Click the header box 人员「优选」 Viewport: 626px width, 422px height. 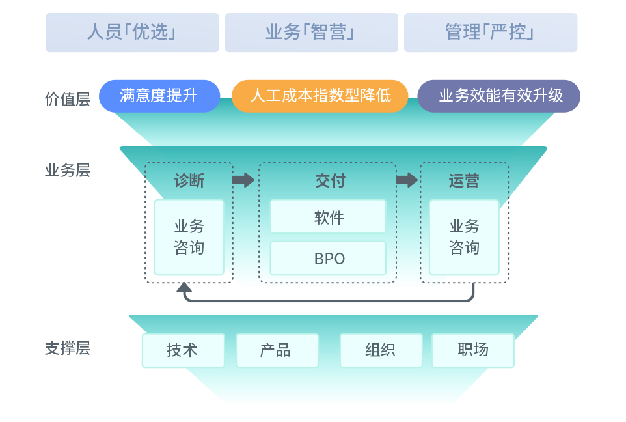tap(132, 33)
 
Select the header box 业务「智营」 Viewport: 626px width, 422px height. tap(311, 33)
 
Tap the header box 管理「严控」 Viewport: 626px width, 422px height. tap(491, 33)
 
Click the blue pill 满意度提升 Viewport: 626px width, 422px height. tap(159, 96)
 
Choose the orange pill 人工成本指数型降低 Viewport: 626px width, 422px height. tap(320, 96)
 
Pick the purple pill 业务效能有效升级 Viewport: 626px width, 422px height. tap(499, 96)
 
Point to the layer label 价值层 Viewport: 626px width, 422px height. tap(68, 100)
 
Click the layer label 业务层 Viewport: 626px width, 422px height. tap(68, 171)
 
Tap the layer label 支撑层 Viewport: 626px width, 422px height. tap(68, 348)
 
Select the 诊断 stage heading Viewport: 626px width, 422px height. tap(189, 180)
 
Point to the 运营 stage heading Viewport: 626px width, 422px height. tap(464, 180)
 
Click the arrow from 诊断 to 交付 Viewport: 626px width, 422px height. tap(243, 180)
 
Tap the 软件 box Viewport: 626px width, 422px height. tap(328, 217)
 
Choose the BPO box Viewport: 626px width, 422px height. tap(328, 258)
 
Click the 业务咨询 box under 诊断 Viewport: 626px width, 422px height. tap(189, 237)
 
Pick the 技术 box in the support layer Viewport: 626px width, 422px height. tap(183, 350)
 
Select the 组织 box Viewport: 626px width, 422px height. tap(381, 350)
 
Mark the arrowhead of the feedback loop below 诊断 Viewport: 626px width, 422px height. tap(184, 288)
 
